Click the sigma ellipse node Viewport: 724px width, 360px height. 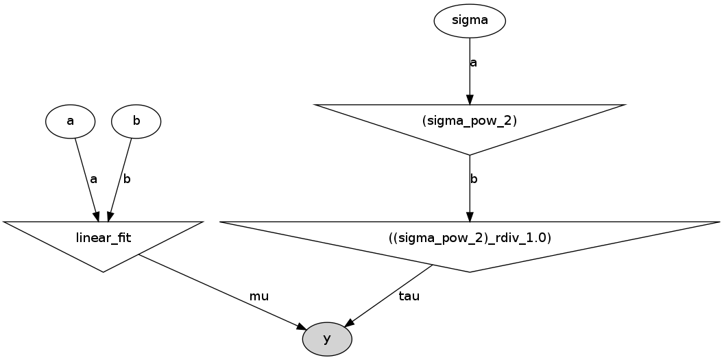click(x=470, y=21)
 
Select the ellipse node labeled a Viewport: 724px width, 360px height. click(x=70, y=121)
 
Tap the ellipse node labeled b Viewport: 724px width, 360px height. click(x=136, y=121)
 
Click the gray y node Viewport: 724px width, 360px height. click(x=327, y=339)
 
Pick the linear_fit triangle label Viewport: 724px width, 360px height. click(x=103, y=238)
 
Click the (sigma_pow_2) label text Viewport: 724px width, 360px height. click(x=470, y=121)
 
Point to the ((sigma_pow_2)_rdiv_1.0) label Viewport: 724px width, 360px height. click(x=470, y=238)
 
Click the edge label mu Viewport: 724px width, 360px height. click(x=258, y=297)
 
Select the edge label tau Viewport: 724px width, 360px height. click(x=409, y=297)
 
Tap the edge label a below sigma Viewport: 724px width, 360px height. click(x=473, y=62)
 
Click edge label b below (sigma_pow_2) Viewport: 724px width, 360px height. click(x=473, y=179)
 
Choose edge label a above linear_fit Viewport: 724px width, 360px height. click(x=93, y=179)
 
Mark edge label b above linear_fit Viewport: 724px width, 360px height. click(x=126, y=179)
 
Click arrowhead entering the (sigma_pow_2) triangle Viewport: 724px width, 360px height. click(x=470, y=99)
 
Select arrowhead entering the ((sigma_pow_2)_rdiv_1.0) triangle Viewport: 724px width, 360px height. click(x=470, y=216)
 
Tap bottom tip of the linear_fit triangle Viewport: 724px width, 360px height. click(x=103, y=272)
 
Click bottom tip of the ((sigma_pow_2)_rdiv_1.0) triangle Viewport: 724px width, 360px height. click(x=470, y=272)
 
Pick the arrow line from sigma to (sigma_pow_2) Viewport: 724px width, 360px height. click(x=470, y=75)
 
